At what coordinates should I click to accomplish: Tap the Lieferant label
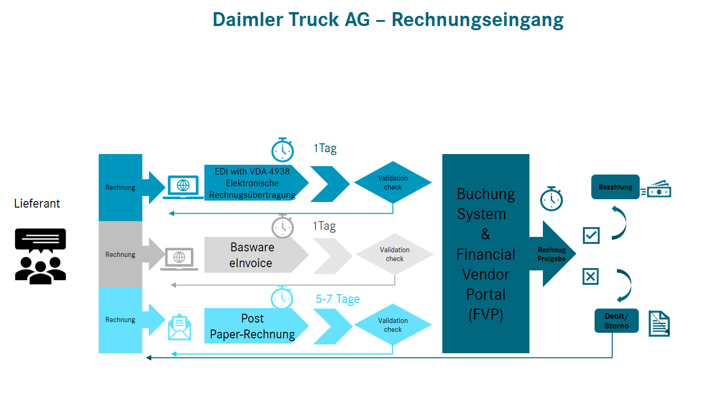pyautogui.click(x=37, y=203)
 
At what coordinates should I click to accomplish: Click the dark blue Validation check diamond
pyautogui.click(x=393, y=182)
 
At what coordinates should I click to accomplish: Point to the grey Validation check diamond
pyautogui.click(x=394, y=254)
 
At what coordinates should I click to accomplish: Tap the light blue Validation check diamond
pyautogui.click(x=393, y=325)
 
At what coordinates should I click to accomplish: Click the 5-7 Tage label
pyautogui.click(x=338, y=299)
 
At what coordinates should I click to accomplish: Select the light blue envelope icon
pyautogui.click(x=179, y=327)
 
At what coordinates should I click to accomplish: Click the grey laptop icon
pyautogui.click(x=179, y=259)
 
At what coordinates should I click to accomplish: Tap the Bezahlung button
pyautogui.click(x=615, y=187)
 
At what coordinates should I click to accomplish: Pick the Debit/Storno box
pyautogui.click(x=616, y=321)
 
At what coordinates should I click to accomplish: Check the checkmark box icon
pyautogui.click(x=591, y=236)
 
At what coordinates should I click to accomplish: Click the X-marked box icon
pyautogui.click(x=590, y=276)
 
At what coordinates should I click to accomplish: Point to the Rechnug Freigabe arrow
pyautogui.click(x=553, y=254)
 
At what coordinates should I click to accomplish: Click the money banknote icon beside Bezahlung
pyautogui.click(x=656, y=189)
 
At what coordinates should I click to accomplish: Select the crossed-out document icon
pyautogui.click(x=659, y=323)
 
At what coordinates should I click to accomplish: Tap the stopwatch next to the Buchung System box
pyautogui.click(x=551, y=199)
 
